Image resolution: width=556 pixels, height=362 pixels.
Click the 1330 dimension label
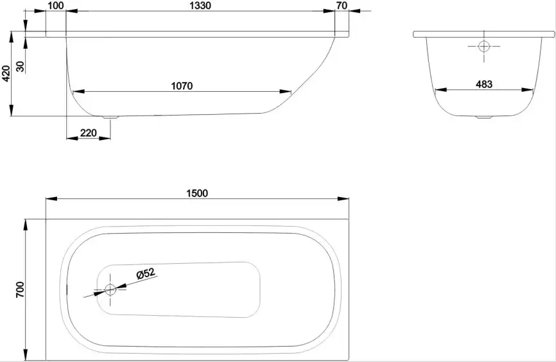point(200,6)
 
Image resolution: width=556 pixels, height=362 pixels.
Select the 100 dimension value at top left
point(56,6)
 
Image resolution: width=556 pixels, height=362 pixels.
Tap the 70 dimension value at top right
point(341,6)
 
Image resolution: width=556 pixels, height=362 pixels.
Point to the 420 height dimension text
point(6,76)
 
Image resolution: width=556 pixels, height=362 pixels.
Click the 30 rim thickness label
point(20,66)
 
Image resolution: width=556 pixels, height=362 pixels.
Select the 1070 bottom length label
point(182,85)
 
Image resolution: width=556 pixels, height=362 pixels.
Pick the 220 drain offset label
point(88,133)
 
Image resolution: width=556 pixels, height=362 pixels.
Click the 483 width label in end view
point(484,83)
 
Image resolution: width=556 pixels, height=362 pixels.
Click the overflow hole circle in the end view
point(483,46)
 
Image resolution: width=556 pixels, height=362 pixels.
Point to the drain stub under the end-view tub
point(483,117)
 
